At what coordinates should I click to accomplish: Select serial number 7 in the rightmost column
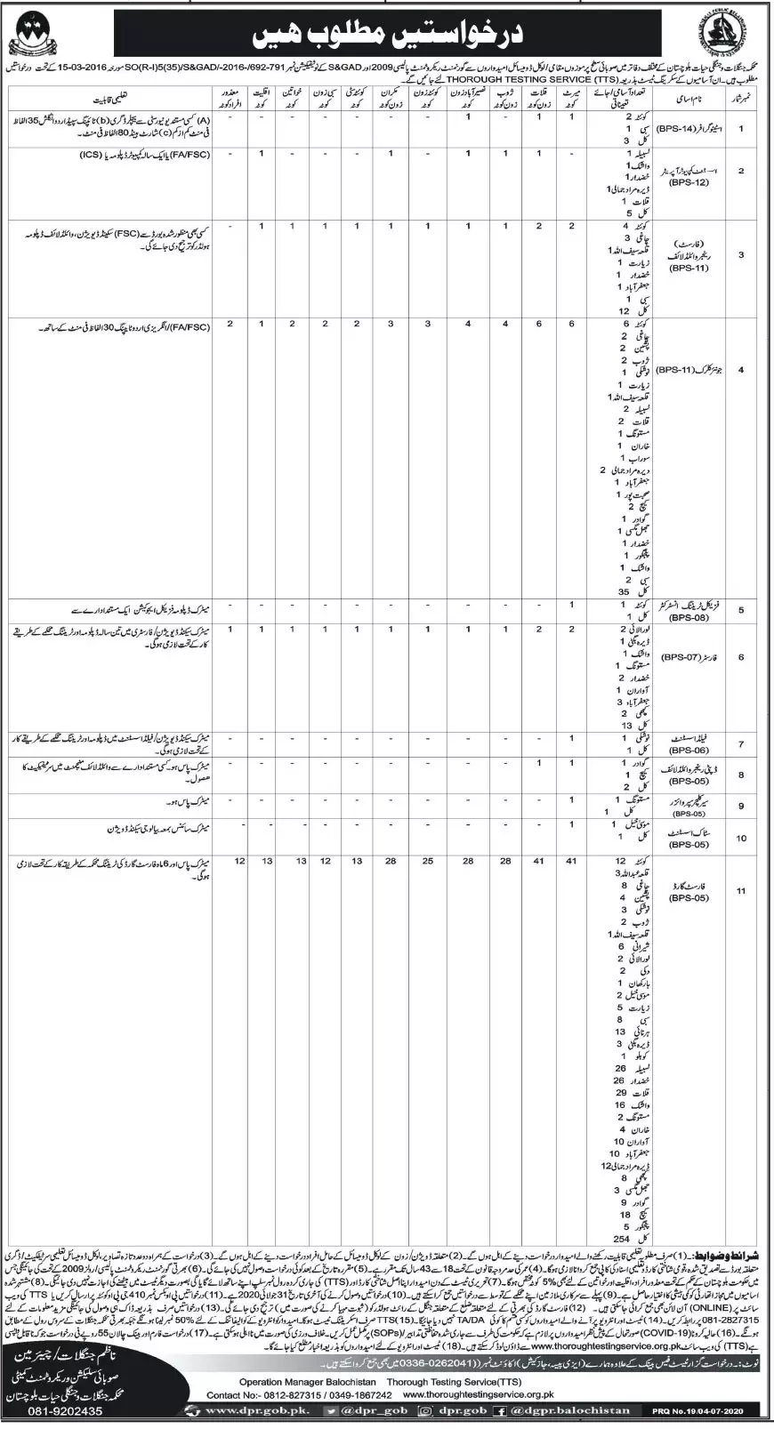741,744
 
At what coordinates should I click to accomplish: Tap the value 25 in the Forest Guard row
428,862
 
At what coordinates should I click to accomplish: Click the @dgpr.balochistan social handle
584,1410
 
